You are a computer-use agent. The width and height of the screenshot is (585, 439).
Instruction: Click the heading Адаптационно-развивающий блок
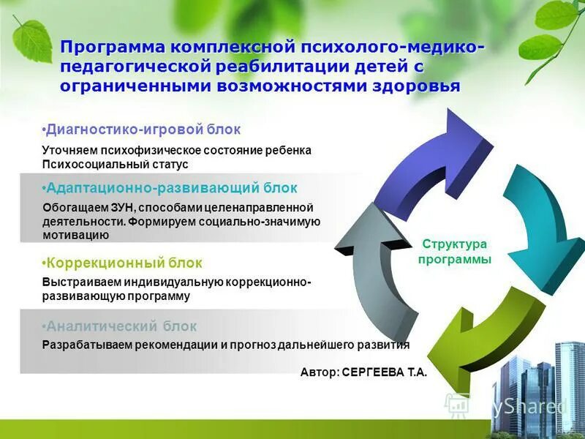[x=170, y=188]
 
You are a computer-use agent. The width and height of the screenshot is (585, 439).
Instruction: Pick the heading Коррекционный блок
[x=121, y=262]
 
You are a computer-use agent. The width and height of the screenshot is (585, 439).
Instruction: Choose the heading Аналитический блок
[x=120, y=326]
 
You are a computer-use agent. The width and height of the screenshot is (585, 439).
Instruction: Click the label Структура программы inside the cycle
[x=454, y=252]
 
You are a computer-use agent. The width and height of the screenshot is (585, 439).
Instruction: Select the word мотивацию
[x=76, y=236]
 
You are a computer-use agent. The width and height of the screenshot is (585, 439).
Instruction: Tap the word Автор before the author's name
[x=318, y=372]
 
